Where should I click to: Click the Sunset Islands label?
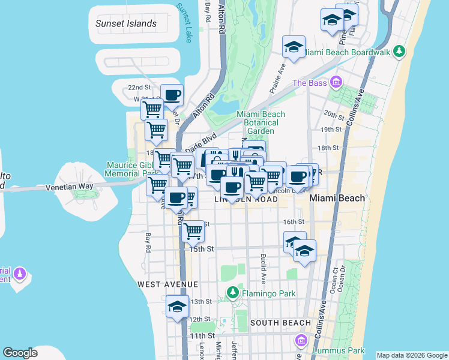126,24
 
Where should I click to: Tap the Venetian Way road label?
70,187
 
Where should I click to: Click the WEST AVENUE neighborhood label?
167,284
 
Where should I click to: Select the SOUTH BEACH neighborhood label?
280,323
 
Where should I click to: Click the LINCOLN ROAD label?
246,199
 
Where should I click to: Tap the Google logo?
20,353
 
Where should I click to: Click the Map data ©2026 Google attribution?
411,355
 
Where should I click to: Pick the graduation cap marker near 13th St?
177,307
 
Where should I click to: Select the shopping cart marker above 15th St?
193,230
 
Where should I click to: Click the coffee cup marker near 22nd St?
172,95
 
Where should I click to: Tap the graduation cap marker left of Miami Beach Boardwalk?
294,47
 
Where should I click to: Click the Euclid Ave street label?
263,267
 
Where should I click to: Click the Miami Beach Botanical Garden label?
261,122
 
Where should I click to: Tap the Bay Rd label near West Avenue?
148,242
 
